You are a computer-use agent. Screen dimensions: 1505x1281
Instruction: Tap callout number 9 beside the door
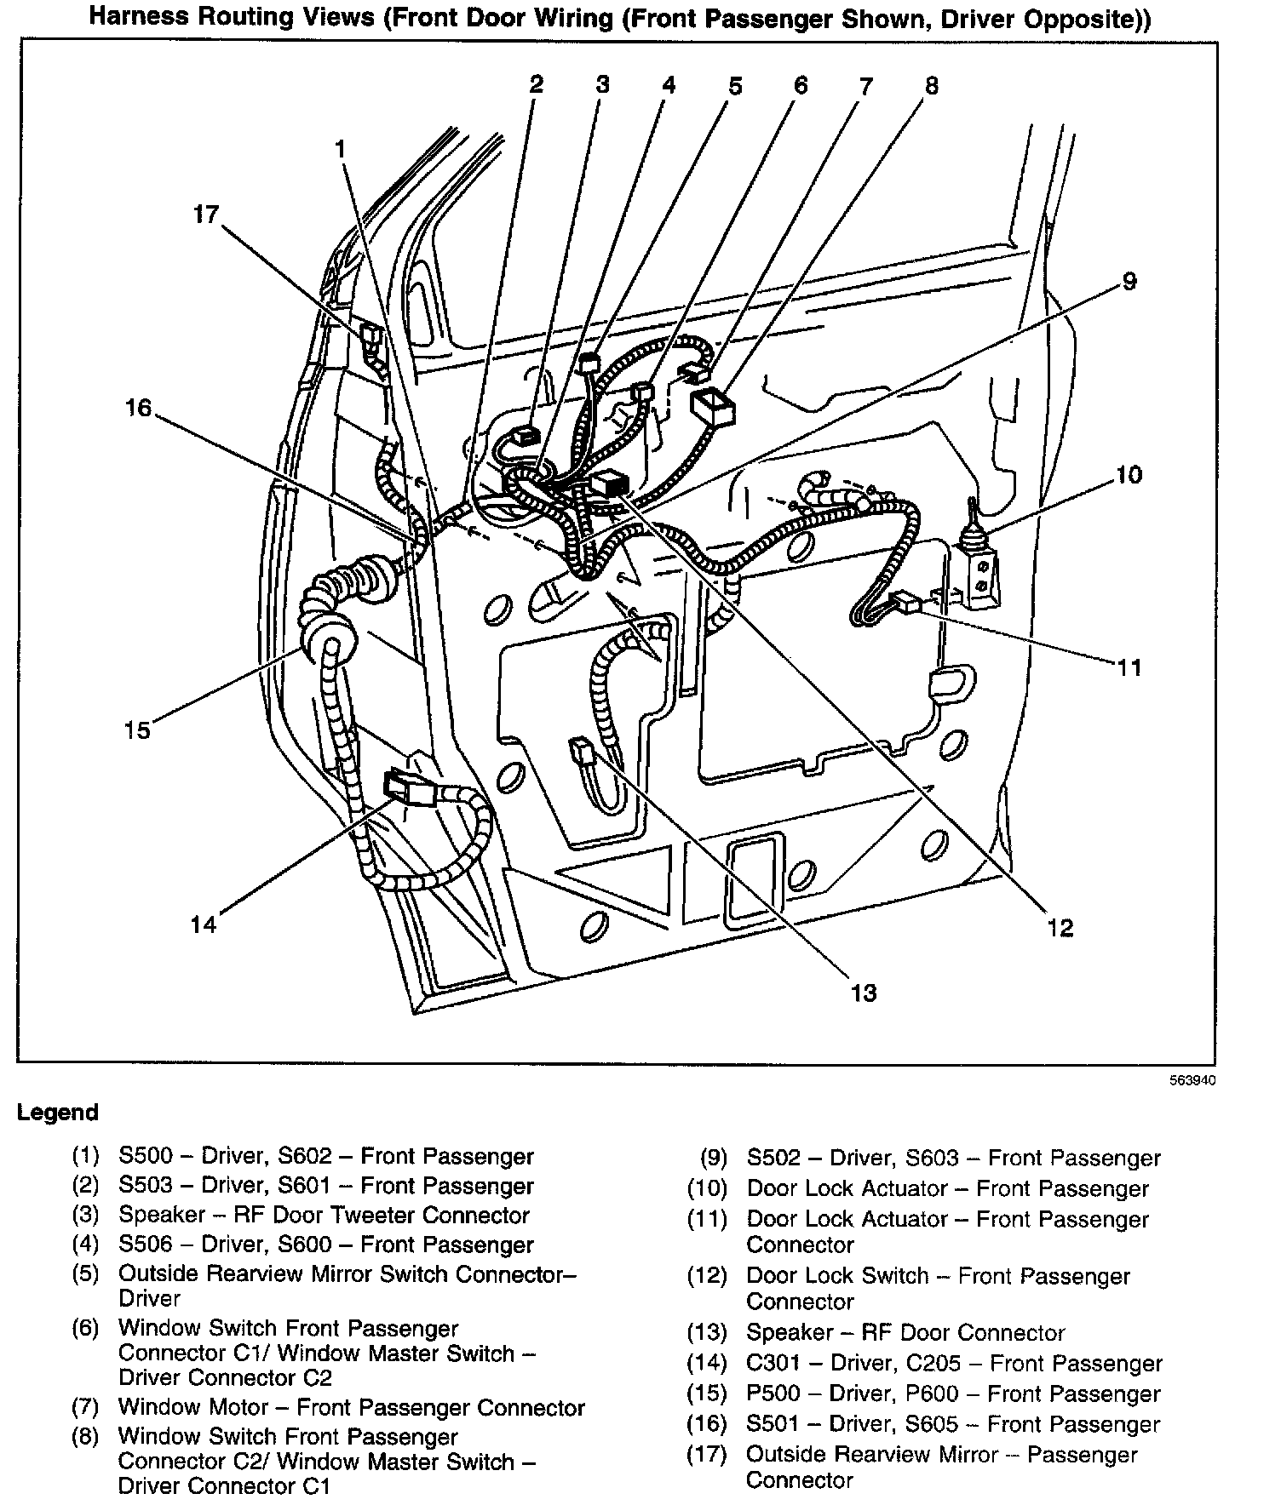(1129, 281)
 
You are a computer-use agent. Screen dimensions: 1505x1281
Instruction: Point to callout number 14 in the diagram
(204, 924)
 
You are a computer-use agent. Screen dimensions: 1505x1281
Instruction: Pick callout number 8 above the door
(932, 85)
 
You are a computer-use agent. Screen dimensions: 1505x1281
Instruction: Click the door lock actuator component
(979, 568)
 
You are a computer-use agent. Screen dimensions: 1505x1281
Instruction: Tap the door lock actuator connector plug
(904, 603)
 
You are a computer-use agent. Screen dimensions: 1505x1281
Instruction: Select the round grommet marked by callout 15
(328, 640)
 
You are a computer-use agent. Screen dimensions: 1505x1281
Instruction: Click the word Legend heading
(58, 1113)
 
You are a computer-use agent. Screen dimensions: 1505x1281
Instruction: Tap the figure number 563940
(1192, 1082)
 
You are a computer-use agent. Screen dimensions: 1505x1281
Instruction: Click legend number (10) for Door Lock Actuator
(708, 1188)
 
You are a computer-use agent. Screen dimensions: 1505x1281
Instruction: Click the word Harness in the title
(141, 18)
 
